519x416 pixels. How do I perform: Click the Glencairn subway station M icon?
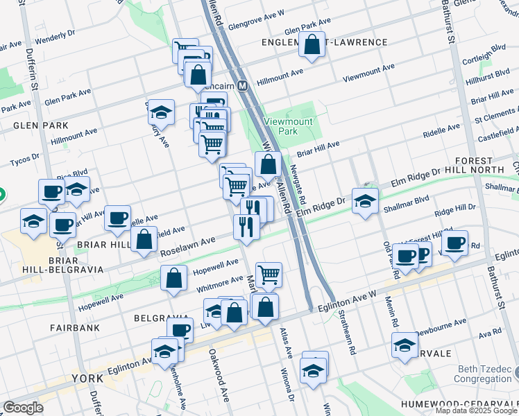pos(242,86)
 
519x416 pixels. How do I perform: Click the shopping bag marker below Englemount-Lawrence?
pos(312,46)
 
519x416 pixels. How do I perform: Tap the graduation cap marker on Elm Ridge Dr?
pos(365,202)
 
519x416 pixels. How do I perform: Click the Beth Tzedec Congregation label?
pos(483,374)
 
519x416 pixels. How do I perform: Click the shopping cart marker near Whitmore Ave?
pos(269,275)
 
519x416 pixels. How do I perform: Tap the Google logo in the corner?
pos(23,408)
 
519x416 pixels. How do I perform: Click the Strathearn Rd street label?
pos(347,340)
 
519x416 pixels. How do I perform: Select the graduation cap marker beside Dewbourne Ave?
pos(405,345)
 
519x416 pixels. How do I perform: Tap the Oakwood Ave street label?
pos(219,385)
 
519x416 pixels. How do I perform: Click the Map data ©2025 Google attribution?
pos(475,410)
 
